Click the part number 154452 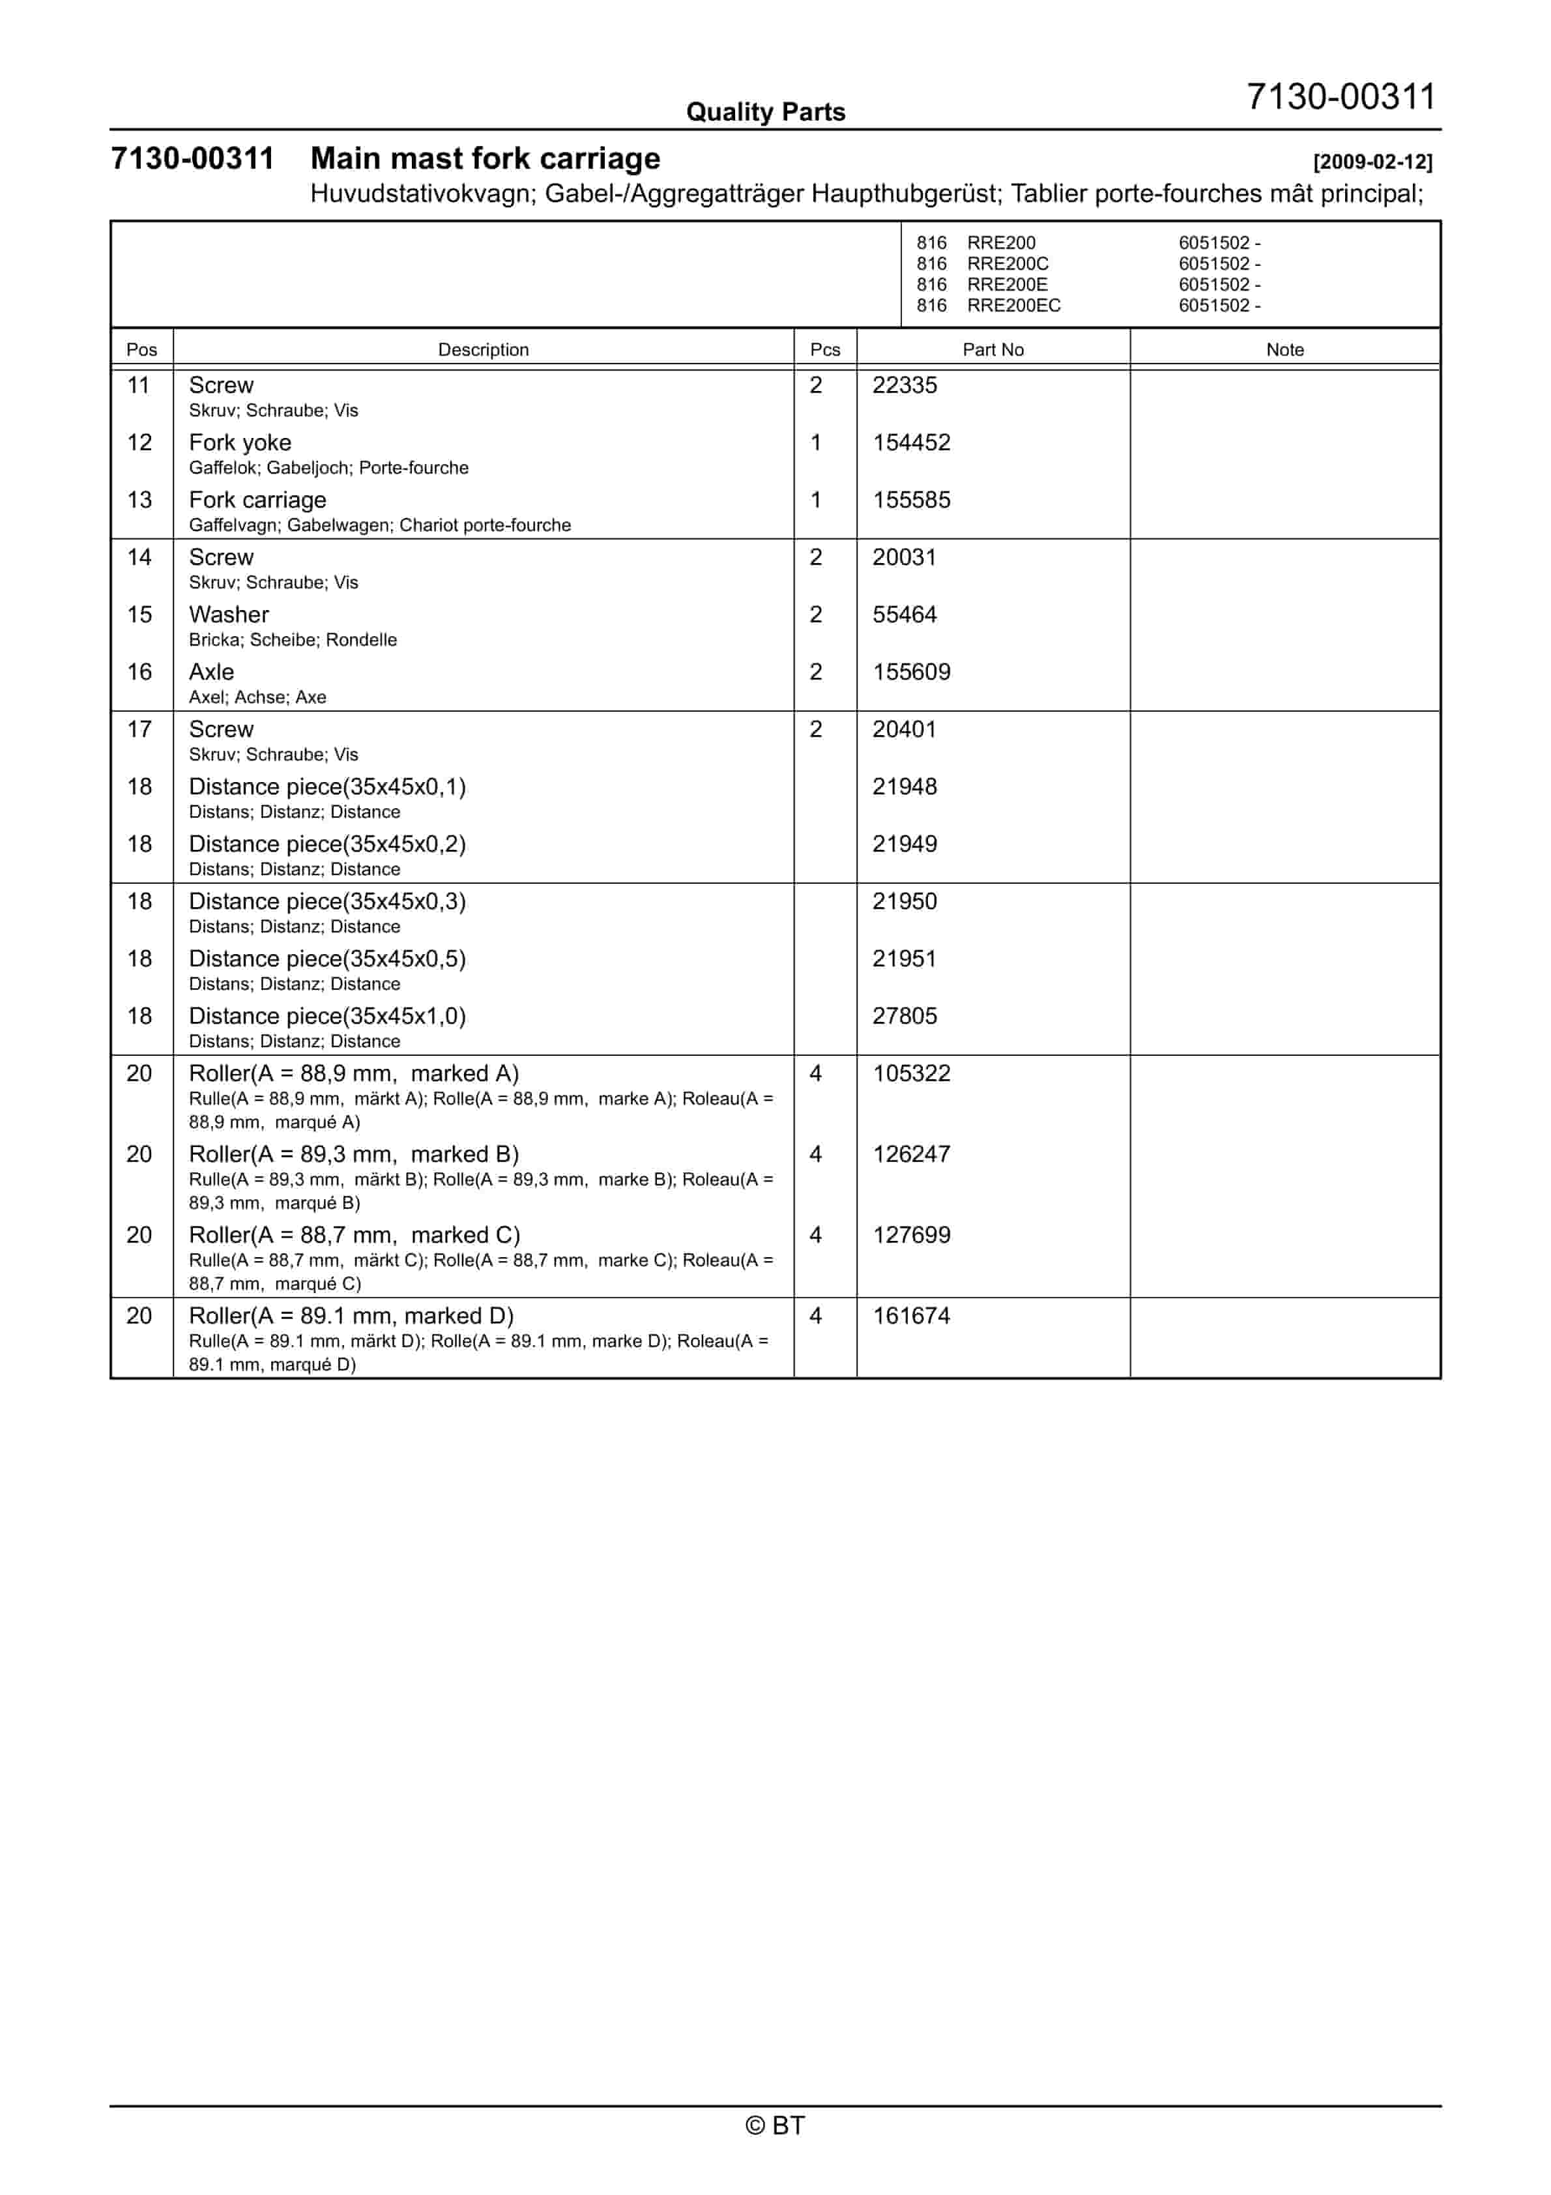pyautogui.click(x=910, y=443)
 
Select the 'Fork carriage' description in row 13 pyautogui.click(x=257, y=500)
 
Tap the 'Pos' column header pyautogui.click(x=141, y=350)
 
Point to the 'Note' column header pyautogui.click(x=1284, y=350)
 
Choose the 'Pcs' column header pyautogui.click(x=824, y=350)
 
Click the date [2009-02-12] pyautogui.click(x=1372, y=162)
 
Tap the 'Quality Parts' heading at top pyautogui.click(x=765, y=113)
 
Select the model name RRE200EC pyautogui.click(x=1013, y=306)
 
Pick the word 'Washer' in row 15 pyautogui.click(x=229, y=615)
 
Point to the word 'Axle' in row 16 pyautogui.click(x=211, y=672)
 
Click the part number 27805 pyautogui.click(x=904, y=1016)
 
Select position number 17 pyautogui.click(x=139, y=729)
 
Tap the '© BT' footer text pyautogui.click(x=775, y=2125)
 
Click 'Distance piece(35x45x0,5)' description pyautogui.click(x=327, y=959)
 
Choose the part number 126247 pyautogui.click(x=910, y=1155)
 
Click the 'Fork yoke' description pyautogui.click(x=240, y=443)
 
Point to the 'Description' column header pyautogui.click(x=483, y=350)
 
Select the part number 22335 pyautogui.click(x=904, y=385)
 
